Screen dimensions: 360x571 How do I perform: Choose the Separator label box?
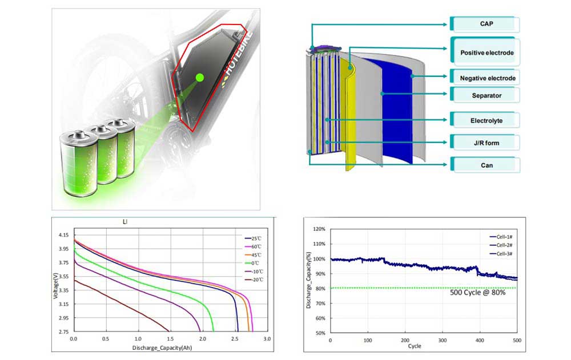click(486, 96)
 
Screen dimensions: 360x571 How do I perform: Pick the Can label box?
click(486, 165)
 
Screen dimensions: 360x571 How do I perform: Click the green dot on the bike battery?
click(199, 77)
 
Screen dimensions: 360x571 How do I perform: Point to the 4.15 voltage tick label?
click(62, 235)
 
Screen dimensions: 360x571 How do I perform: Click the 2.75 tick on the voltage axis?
click(62, 331)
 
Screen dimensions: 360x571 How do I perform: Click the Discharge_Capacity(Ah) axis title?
click(158, 347)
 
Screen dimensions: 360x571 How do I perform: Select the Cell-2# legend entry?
click(502, 245)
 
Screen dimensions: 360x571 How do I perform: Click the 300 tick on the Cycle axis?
click(442, 340)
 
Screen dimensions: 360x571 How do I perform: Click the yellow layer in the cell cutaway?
click(348, 114)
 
